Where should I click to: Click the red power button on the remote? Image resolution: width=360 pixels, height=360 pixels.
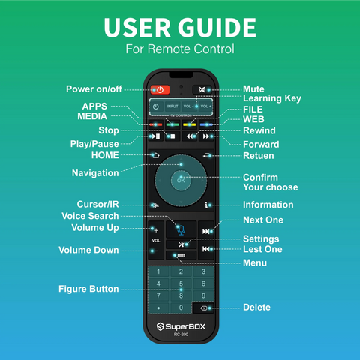click(160, 89)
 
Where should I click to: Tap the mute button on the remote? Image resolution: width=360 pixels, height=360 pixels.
click(202, 89)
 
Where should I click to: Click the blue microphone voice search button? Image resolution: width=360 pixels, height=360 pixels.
click(181, 229)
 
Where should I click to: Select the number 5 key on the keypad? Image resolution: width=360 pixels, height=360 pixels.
click(181, 283)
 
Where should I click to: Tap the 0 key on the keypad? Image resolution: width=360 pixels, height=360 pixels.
click(181, 307)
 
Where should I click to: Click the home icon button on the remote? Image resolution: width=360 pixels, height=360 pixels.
click(155, 155)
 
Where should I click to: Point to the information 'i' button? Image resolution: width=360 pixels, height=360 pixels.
click(206, 205)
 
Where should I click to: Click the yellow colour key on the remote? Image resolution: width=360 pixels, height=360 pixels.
click(190, 124)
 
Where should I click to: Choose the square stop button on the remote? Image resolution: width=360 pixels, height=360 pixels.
click(172, 136)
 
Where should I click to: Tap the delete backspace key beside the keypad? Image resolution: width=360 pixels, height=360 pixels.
click(204, 308)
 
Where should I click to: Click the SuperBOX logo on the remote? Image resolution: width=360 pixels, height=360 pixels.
click(181, 326)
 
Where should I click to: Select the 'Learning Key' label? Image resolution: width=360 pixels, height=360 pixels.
click(272, 98)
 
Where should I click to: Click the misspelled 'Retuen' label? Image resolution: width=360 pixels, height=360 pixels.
click(259, 156)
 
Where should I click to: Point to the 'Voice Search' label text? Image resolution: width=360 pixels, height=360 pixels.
click(90, 216)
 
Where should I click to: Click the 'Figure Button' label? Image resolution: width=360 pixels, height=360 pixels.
click(88, 289)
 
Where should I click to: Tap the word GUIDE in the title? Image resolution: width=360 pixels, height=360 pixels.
click(217, 28)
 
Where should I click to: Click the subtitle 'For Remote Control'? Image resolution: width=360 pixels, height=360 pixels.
click(180, 49)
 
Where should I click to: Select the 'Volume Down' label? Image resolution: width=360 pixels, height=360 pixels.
click(88, 250)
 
